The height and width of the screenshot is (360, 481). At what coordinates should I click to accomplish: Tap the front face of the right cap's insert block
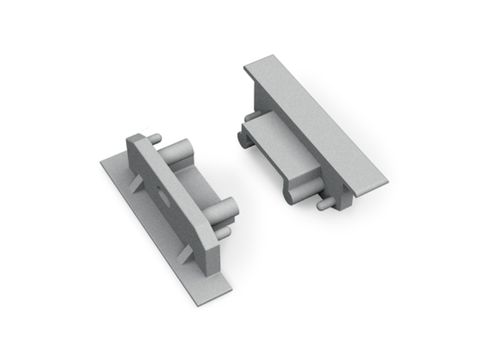[x=270, y=164]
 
